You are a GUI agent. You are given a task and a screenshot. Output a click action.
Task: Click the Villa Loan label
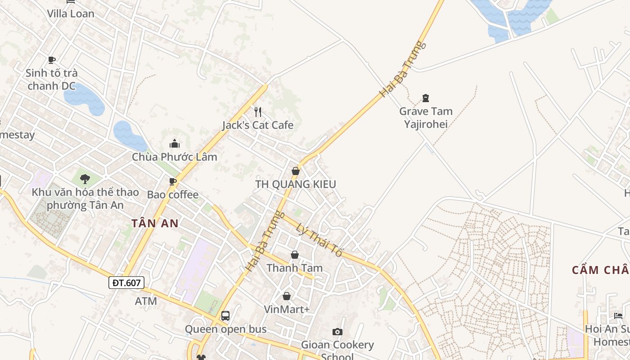71,13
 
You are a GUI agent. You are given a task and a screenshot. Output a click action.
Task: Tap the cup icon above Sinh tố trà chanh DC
52,60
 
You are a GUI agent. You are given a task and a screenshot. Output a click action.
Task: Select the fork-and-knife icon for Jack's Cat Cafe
258,112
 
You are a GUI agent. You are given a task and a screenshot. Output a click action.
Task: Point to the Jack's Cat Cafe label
258,125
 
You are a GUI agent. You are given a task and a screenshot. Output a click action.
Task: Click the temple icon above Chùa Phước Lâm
175,144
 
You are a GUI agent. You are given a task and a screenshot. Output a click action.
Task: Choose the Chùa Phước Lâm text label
175,157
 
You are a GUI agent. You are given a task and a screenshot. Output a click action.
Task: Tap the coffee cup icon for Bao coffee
172,181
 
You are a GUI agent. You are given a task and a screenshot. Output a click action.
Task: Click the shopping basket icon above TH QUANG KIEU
296,171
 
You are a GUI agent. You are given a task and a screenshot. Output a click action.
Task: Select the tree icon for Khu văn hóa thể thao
85,179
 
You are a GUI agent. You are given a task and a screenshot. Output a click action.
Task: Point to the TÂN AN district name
155,223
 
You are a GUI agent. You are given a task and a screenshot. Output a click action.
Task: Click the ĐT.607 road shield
126,283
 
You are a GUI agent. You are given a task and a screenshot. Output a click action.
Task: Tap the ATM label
146,301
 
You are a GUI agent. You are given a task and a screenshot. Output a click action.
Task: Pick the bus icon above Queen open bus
225,316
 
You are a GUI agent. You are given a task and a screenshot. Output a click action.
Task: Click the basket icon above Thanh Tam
295,255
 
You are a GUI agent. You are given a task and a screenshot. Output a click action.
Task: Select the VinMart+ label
287,309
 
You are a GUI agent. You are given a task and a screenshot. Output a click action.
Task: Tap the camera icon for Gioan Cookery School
337,332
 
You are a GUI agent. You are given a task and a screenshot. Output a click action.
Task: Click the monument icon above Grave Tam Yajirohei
426,98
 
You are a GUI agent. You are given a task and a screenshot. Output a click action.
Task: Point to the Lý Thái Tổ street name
320,240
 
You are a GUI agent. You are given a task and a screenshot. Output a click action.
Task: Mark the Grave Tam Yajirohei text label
426,117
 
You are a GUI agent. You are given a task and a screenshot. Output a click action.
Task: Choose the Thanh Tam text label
295,268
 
